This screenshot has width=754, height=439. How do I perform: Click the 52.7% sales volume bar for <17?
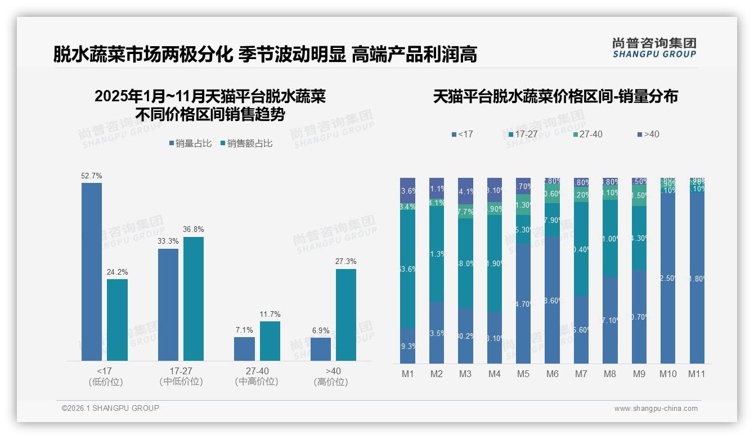point(92,271)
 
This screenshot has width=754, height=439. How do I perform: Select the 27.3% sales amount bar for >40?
point(346,315)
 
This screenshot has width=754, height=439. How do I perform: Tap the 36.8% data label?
point(194,230)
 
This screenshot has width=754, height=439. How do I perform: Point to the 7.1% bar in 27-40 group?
point(244,349)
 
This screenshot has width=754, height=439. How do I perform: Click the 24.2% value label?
point(117,272)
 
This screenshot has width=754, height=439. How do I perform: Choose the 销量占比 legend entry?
point(190,144)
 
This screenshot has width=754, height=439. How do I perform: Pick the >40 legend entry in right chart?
point(648,134)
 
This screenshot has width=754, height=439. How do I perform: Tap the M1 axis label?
point(407,374)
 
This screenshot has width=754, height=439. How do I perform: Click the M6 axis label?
point(552,374)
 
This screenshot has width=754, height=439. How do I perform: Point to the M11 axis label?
point(697,374)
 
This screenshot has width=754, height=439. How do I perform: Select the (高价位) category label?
point(331,382)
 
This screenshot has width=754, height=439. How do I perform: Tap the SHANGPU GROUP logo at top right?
point(654,48)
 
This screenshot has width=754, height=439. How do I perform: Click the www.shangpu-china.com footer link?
point(656,409)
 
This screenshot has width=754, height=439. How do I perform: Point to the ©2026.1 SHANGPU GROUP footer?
point(110,408)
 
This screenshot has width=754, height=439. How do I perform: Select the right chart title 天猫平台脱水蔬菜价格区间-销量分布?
point(555,96)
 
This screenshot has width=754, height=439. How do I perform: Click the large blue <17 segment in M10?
point(668,279)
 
